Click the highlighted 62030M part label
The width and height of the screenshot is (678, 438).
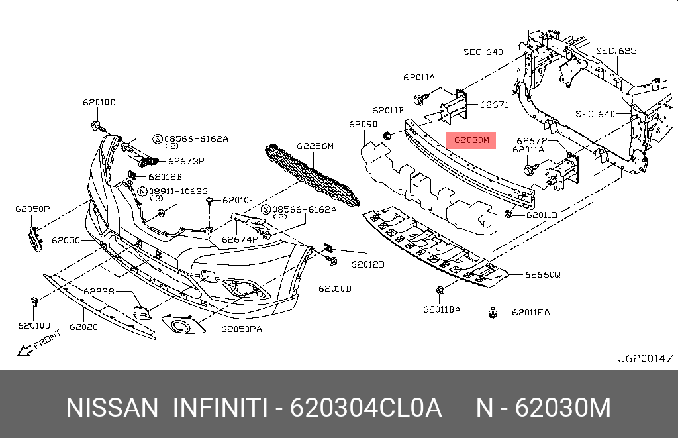tap(471, 140)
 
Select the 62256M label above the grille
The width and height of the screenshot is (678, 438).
tap(315, 146)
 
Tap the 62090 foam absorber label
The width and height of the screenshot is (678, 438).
tap(363, 124)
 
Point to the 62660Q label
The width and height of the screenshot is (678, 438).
tap(543, 274)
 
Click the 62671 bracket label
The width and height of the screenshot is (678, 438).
tap(493, 105)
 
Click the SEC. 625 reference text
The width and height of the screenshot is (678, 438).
tap(616, 50)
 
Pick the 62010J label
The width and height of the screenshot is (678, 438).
tap(34, 325)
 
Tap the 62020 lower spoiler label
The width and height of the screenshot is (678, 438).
tap(83, 327)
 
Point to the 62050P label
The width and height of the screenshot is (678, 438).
tap(33, 209)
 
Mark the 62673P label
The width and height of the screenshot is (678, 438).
tap(186, 160)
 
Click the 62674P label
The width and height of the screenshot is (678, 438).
tap(240, 239)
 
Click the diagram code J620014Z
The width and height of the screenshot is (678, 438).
tap(645, 358)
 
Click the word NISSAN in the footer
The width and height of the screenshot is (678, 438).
tap(112, 408)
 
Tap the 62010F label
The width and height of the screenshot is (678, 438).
tap(238, 199)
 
